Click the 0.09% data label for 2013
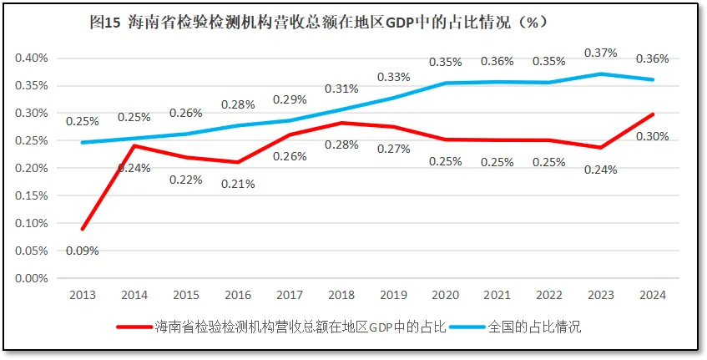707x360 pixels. (x=83, y=251)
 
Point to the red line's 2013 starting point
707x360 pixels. (x=83, y=229)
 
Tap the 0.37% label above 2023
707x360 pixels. (x=600, y=53)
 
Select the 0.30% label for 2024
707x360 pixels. (x=652, y=136)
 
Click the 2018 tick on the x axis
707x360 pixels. (x=341, y=295)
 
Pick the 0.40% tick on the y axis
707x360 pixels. (x=32, y=58)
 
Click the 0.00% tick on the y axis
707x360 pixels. (x=32, y=278)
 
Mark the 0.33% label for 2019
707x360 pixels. (x=393, y=77)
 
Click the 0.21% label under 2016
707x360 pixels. (x=238, y=184)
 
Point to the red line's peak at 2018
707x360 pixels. (x=341, y=123)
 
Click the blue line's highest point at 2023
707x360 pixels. (x=600, y=74)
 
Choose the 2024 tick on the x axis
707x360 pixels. (x=652, y=295)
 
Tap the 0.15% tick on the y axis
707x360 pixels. (x=32, y=195)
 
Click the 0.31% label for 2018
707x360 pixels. (x=341, y=89)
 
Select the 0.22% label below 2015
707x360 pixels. (x=186, y=180)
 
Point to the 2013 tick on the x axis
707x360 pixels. (x=83, y=295)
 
